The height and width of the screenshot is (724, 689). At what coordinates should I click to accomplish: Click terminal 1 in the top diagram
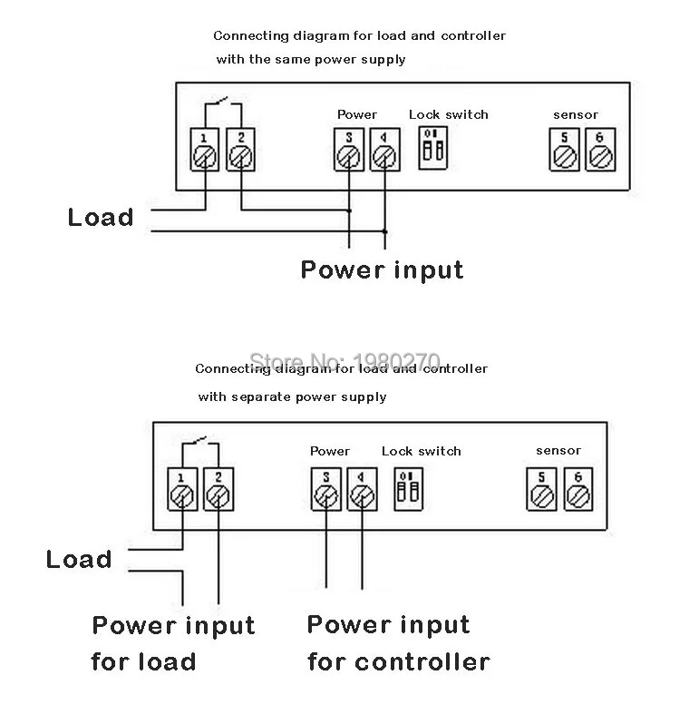205,150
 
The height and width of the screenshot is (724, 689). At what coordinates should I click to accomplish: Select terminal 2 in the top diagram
239,150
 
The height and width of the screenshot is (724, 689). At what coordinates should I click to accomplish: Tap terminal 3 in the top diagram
346,150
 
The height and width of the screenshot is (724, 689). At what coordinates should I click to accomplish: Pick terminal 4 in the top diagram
384,150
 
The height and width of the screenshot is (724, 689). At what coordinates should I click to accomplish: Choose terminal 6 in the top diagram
597,150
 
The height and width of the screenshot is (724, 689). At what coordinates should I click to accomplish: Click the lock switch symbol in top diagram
430,147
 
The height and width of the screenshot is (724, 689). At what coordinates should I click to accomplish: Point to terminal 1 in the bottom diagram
182,488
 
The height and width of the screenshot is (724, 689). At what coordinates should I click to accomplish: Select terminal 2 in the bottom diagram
217,488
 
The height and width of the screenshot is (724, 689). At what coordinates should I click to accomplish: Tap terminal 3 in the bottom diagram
325,488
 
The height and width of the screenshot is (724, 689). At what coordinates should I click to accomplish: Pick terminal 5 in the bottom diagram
541,488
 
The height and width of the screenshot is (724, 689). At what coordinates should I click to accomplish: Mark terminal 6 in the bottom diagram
576,488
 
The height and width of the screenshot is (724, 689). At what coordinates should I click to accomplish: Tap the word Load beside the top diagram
101,218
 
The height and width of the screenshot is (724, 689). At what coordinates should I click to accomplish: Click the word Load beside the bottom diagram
79,559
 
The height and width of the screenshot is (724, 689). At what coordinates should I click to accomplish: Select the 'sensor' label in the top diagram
576,115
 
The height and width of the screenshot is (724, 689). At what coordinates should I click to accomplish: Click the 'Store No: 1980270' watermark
344,362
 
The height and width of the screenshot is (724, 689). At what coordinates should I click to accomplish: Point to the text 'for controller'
398,661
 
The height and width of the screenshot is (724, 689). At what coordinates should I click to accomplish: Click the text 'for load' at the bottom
143,661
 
